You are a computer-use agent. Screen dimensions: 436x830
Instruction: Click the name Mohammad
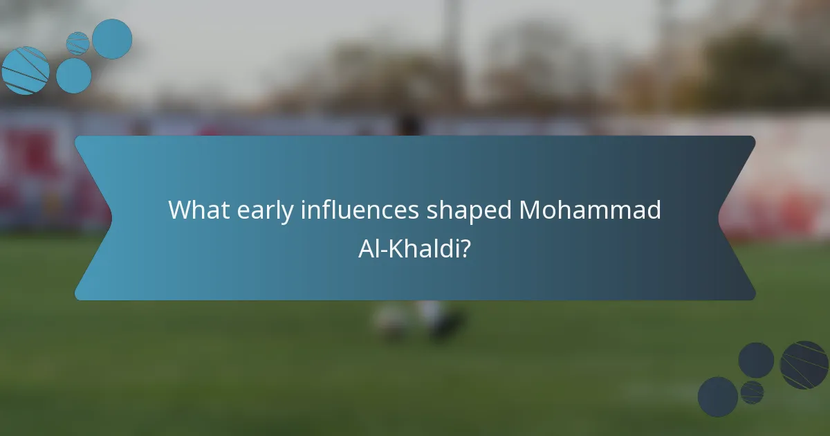[x=590, y=210]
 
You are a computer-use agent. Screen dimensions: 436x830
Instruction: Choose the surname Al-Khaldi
[x=409, y=248]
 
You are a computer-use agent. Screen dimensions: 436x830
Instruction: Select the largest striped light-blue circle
[x=25, y=71]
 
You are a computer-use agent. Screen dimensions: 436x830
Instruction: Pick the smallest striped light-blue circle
[x=78, y=43]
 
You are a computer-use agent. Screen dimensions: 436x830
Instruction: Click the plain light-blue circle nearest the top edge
[x=112, y=39]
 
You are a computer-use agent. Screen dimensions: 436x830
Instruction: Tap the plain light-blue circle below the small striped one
[x=74, y=75]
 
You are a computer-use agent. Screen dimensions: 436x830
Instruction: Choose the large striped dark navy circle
[x=804, y=365]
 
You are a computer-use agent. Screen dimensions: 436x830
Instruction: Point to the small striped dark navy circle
[x=752, y=392]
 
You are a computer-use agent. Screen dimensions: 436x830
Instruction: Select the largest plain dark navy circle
[x=717, y=397]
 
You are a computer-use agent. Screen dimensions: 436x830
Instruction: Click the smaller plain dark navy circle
[x=756, y=360]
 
